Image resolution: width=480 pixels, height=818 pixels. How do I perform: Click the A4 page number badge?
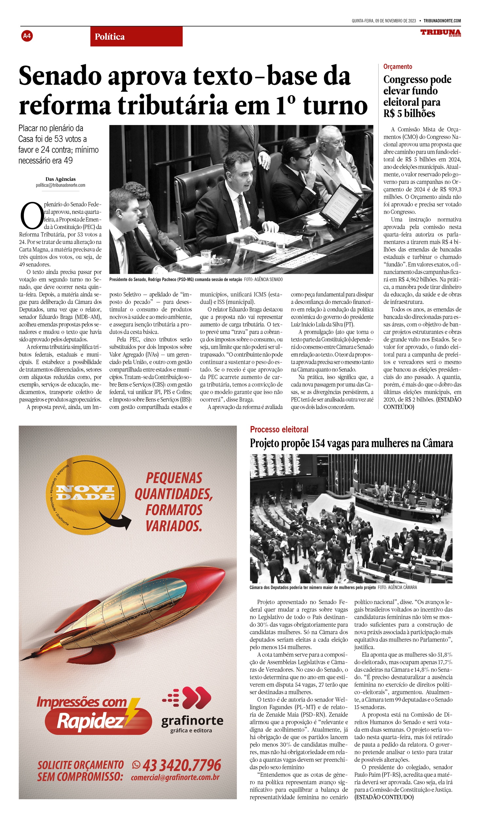27,36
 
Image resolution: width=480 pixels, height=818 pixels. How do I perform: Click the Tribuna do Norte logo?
440,33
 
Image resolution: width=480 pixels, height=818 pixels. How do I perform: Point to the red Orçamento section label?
398,67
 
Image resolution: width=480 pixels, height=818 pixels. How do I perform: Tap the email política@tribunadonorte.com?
61,185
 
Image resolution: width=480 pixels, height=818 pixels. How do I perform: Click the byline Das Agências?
61,179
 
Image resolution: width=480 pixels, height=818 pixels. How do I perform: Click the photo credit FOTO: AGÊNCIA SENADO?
263,279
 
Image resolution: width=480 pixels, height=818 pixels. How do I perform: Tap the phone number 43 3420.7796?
182,765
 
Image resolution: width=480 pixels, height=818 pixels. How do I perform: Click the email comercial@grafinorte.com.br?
175,777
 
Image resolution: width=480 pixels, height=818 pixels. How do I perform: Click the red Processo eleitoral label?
279,430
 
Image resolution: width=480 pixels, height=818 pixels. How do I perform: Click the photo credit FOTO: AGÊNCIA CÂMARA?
397,587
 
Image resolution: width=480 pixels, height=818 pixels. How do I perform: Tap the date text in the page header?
383,21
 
